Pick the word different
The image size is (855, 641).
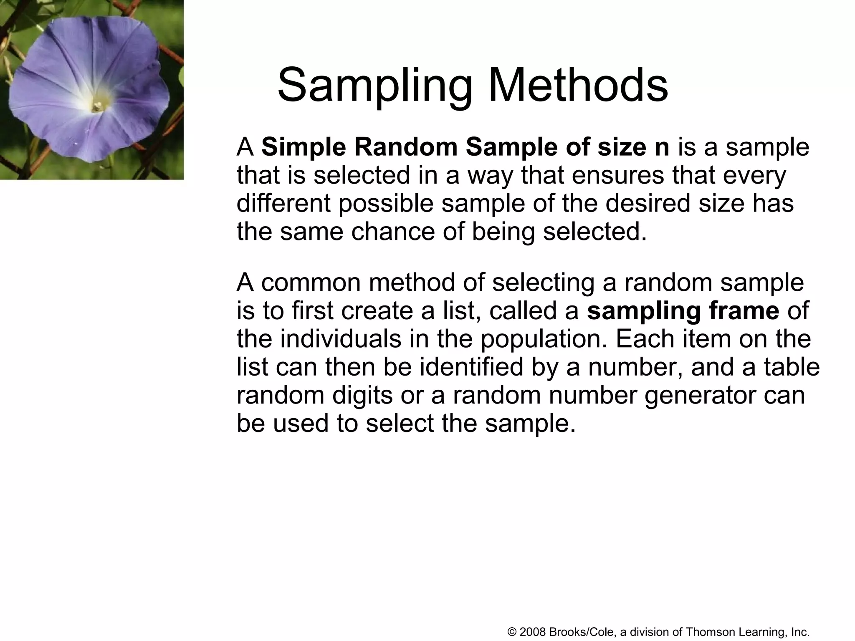click(x=283, y=204)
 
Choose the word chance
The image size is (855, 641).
click(x=393, y=232)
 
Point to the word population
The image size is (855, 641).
click(x=543, y=340)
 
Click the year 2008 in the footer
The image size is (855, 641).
click(x=533, y=632)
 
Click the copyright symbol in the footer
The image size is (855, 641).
click(x=513, y=632)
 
